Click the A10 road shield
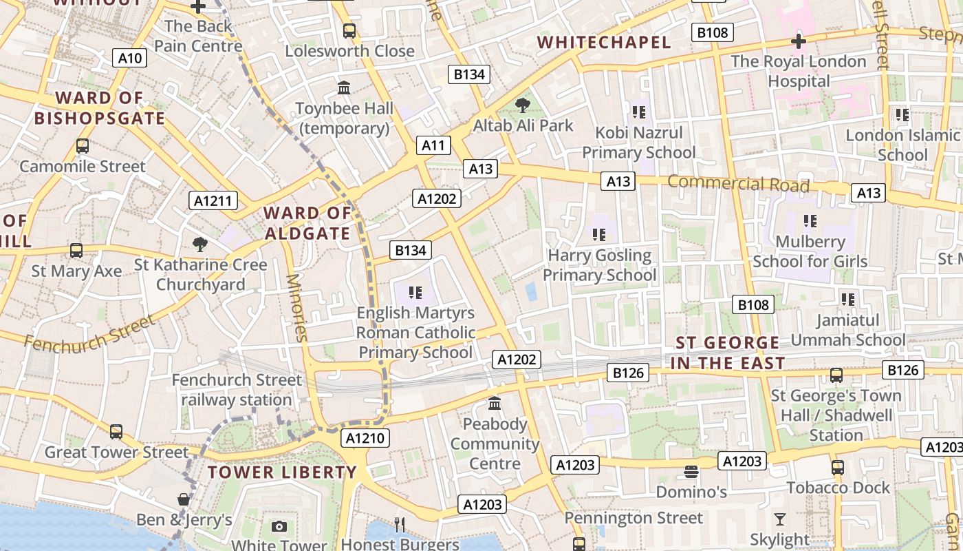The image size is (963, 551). (129, 58)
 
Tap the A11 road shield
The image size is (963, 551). (433, 145)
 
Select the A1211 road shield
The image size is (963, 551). (213, 200)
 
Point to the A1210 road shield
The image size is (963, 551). (365, 438)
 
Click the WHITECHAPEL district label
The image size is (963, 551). (603, 43)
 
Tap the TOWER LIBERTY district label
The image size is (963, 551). (282, 472)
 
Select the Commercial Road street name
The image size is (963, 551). (738, 184)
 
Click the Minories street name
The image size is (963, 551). (297, 308)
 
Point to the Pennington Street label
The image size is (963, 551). (634, 517)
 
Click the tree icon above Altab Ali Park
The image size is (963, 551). (523, 105)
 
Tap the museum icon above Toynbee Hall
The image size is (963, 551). (344, 88)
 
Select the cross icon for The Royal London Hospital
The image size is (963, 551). (798, 41)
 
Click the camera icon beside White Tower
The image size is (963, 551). (279, 527)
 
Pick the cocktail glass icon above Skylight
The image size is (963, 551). (779, 519)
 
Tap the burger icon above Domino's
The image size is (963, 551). (691, 472)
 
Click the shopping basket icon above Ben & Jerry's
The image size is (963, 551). (184, 499)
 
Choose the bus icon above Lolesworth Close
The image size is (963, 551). (349, 31)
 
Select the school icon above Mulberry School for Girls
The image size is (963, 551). (810, 221)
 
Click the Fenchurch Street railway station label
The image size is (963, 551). (237, 390)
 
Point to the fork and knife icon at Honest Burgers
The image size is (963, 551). (400, 525)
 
